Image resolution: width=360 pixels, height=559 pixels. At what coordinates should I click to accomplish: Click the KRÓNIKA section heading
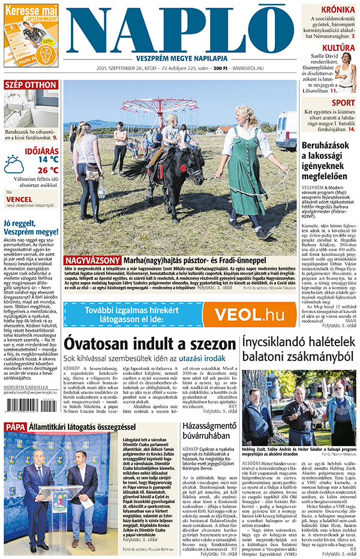pos(337,9)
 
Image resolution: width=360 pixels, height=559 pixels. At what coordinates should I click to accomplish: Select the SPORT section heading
pos(343,103)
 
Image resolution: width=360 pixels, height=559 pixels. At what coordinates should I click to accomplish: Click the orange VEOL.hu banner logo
pos(248,314)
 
